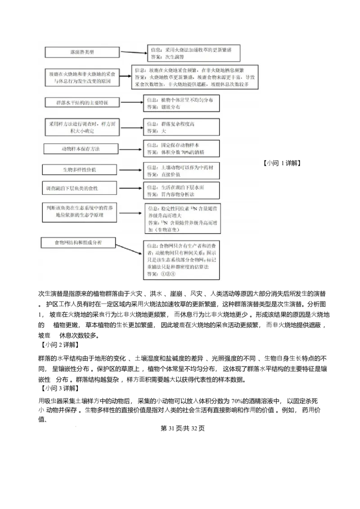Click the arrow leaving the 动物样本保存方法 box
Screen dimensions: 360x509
(x=127, y=149)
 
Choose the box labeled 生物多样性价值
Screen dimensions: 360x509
(x=79, y=170)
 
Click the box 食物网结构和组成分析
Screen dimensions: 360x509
(x=78, y=243)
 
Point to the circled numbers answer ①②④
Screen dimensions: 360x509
(x=168, y=274)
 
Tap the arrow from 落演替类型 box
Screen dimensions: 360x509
(x=133, y=53)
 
